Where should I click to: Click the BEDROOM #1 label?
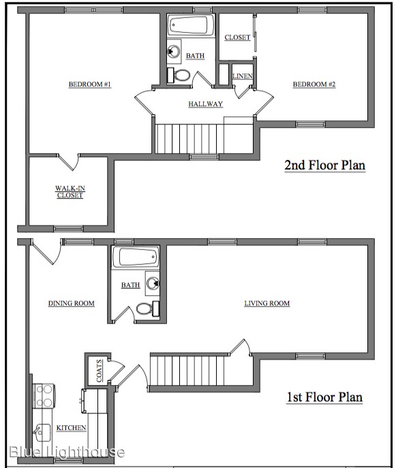tap(90, 84)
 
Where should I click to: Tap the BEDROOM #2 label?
tap(314, 84)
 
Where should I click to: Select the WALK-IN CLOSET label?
tap(70, 192)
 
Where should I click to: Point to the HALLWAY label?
tap(205, 104)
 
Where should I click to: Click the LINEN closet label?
tap(243, 76)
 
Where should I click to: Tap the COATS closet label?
tap(100, 371)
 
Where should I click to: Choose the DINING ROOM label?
tap(72, 303)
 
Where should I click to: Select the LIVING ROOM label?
tap(267, 303)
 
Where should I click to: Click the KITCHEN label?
tap(71, 428)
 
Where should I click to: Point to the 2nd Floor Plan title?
tap(325, 165)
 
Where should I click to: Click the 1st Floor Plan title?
tap(325, 397)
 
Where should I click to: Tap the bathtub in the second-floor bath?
tap(191, 25)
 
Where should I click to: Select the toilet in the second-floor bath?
tap(179, 75)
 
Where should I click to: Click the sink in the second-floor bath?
tap(174, 51)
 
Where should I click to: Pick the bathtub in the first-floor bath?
tap(136, 256)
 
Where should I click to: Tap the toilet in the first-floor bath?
tap(148, 308)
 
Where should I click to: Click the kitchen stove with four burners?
tap(44, 396)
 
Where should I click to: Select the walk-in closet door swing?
tap(69, 162)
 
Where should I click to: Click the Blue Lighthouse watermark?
tap(67, 452)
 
